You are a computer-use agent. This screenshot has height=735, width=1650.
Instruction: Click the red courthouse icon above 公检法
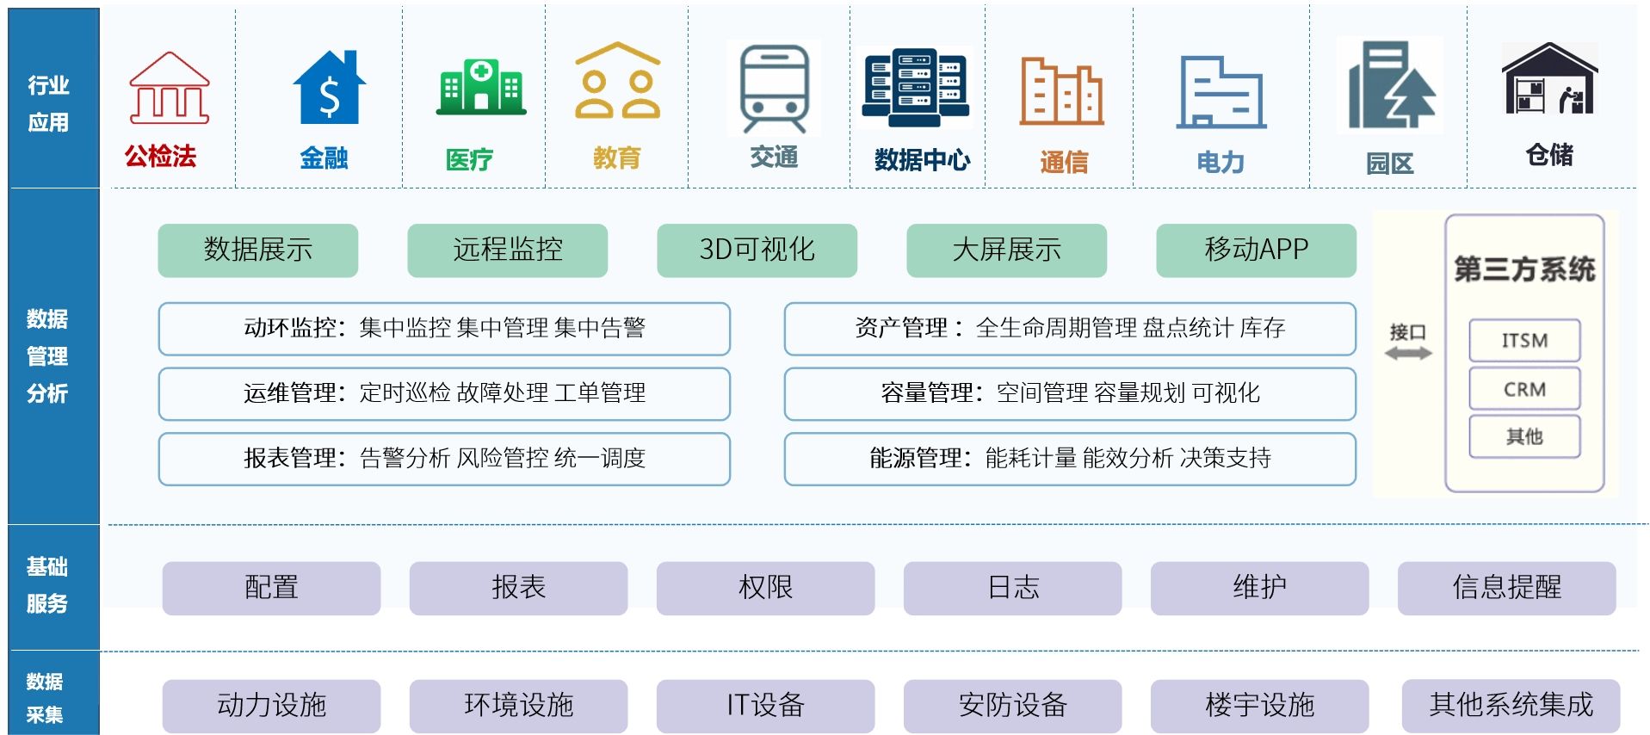pyautogui.click(x=169, y=89)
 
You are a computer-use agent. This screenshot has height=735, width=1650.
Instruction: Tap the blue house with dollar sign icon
pyautogui.click(x=329, y=88)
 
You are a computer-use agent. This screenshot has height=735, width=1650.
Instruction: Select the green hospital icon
pyautogui.click(x=481, y=87)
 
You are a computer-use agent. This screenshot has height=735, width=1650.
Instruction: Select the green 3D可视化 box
pyautogui.click(x=757, y=250)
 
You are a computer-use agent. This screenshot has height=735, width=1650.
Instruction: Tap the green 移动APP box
pyautogui.click(x=1256, y=250)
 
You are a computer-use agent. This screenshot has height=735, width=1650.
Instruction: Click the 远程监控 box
pyautogui.click(x=507, y=250)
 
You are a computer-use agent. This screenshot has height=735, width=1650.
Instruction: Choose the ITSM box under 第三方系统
pyautogui.click(x=1524, y=341)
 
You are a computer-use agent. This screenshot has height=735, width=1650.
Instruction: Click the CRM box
pyautogui.click(x=1524, y=389)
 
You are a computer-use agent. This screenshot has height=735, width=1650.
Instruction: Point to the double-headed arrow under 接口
pyautogui.click(x=1408, y=353)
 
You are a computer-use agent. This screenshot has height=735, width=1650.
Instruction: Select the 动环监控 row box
pyautogui.click(x=444, y=329)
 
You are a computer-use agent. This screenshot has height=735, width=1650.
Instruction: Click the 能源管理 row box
pyautogui.click(x=1069, y=459)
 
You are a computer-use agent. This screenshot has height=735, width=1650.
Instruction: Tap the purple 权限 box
pyautogui.click(x=765, y=588)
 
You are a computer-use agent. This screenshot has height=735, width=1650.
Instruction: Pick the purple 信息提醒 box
pyautogui.click(x=1506, y=588)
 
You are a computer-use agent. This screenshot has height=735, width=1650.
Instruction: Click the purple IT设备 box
pyautogui.click(x=765, y=706)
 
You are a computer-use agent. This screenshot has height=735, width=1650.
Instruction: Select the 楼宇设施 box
pyautogui.click(x=1259, y=706)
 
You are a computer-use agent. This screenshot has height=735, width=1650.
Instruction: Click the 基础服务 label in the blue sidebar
pyautogui.click(x=47, y=585)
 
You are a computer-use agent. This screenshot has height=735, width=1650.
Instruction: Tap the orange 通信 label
pyautogui.click(x=1064, y=162)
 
